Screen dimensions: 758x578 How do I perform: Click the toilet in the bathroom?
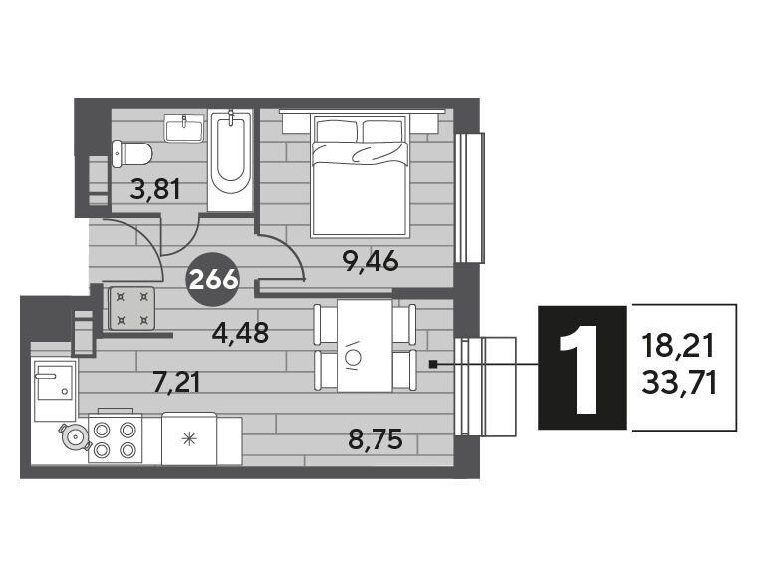[131, 153]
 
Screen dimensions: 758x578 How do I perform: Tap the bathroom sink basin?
[183, 128]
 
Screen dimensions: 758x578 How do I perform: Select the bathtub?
[231, 160]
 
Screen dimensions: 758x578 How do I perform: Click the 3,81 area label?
[155, 189]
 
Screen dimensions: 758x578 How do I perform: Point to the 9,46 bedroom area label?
[371, 262]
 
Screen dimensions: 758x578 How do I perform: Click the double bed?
[361, 175]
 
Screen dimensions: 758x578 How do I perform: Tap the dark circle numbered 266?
[213, 280]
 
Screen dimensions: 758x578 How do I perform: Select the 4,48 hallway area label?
[240, 332]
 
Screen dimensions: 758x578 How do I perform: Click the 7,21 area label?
[176, 382]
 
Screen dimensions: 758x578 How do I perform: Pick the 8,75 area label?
[376, 439]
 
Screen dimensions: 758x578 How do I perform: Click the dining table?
[365, 346]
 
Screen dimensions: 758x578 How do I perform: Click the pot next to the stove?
[75, 436]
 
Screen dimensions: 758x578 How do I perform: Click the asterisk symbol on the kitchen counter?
[189, 438]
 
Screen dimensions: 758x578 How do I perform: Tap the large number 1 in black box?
[582, 368]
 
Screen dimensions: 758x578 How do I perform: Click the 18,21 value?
[678, 347]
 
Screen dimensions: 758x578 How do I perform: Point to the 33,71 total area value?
[679, 384]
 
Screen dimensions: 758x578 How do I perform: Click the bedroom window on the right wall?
[470, 197]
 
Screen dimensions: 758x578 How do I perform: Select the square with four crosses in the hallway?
[131, 308]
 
